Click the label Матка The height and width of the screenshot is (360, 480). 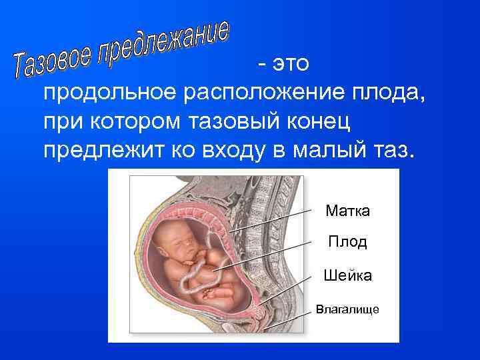347,211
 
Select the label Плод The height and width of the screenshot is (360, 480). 347,242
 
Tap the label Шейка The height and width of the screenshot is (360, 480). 347,275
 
